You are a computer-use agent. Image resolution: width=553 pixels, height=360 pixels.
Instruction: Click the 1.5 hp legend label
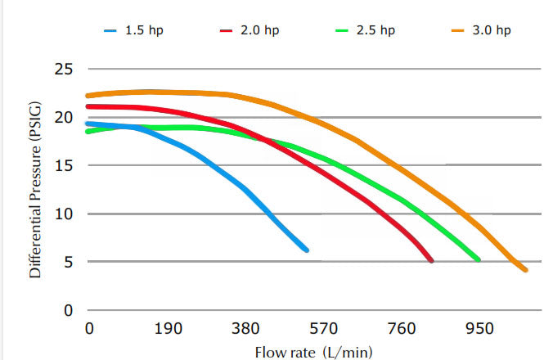[143, 31]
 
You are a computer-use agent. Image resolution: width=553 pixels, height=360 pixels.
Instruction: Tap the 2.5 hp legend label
[375, 31]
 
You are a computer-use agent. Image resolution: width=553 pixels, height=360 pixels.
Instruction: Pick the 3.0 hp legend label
[492, 31]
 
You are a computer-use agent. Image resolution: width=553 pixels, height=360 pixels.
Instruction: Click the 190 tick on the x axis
[168, 329]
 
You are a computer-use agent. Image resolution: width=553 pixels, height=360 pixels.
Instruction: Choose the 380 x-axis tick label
[245, 329]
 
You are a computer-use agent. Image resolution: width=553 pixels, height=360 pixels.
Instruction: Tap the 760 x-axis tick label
[402, 329]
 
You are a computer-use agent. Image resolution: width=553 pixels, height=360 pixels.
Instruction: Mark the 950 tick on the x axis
[479, 329]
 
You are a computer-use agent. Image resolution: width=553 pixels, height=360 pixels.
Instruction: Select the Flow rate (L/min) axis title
[314, 352]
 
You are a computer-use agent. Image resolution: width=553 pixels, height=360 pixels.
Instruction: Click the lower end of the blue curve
[307, 250]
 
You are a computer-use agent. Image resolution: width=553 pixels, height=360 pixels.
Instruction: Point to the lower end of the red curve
[431, 261]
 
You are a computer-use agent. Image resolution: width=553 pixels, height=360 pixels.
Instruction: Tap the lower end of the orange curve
[525, 270]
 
